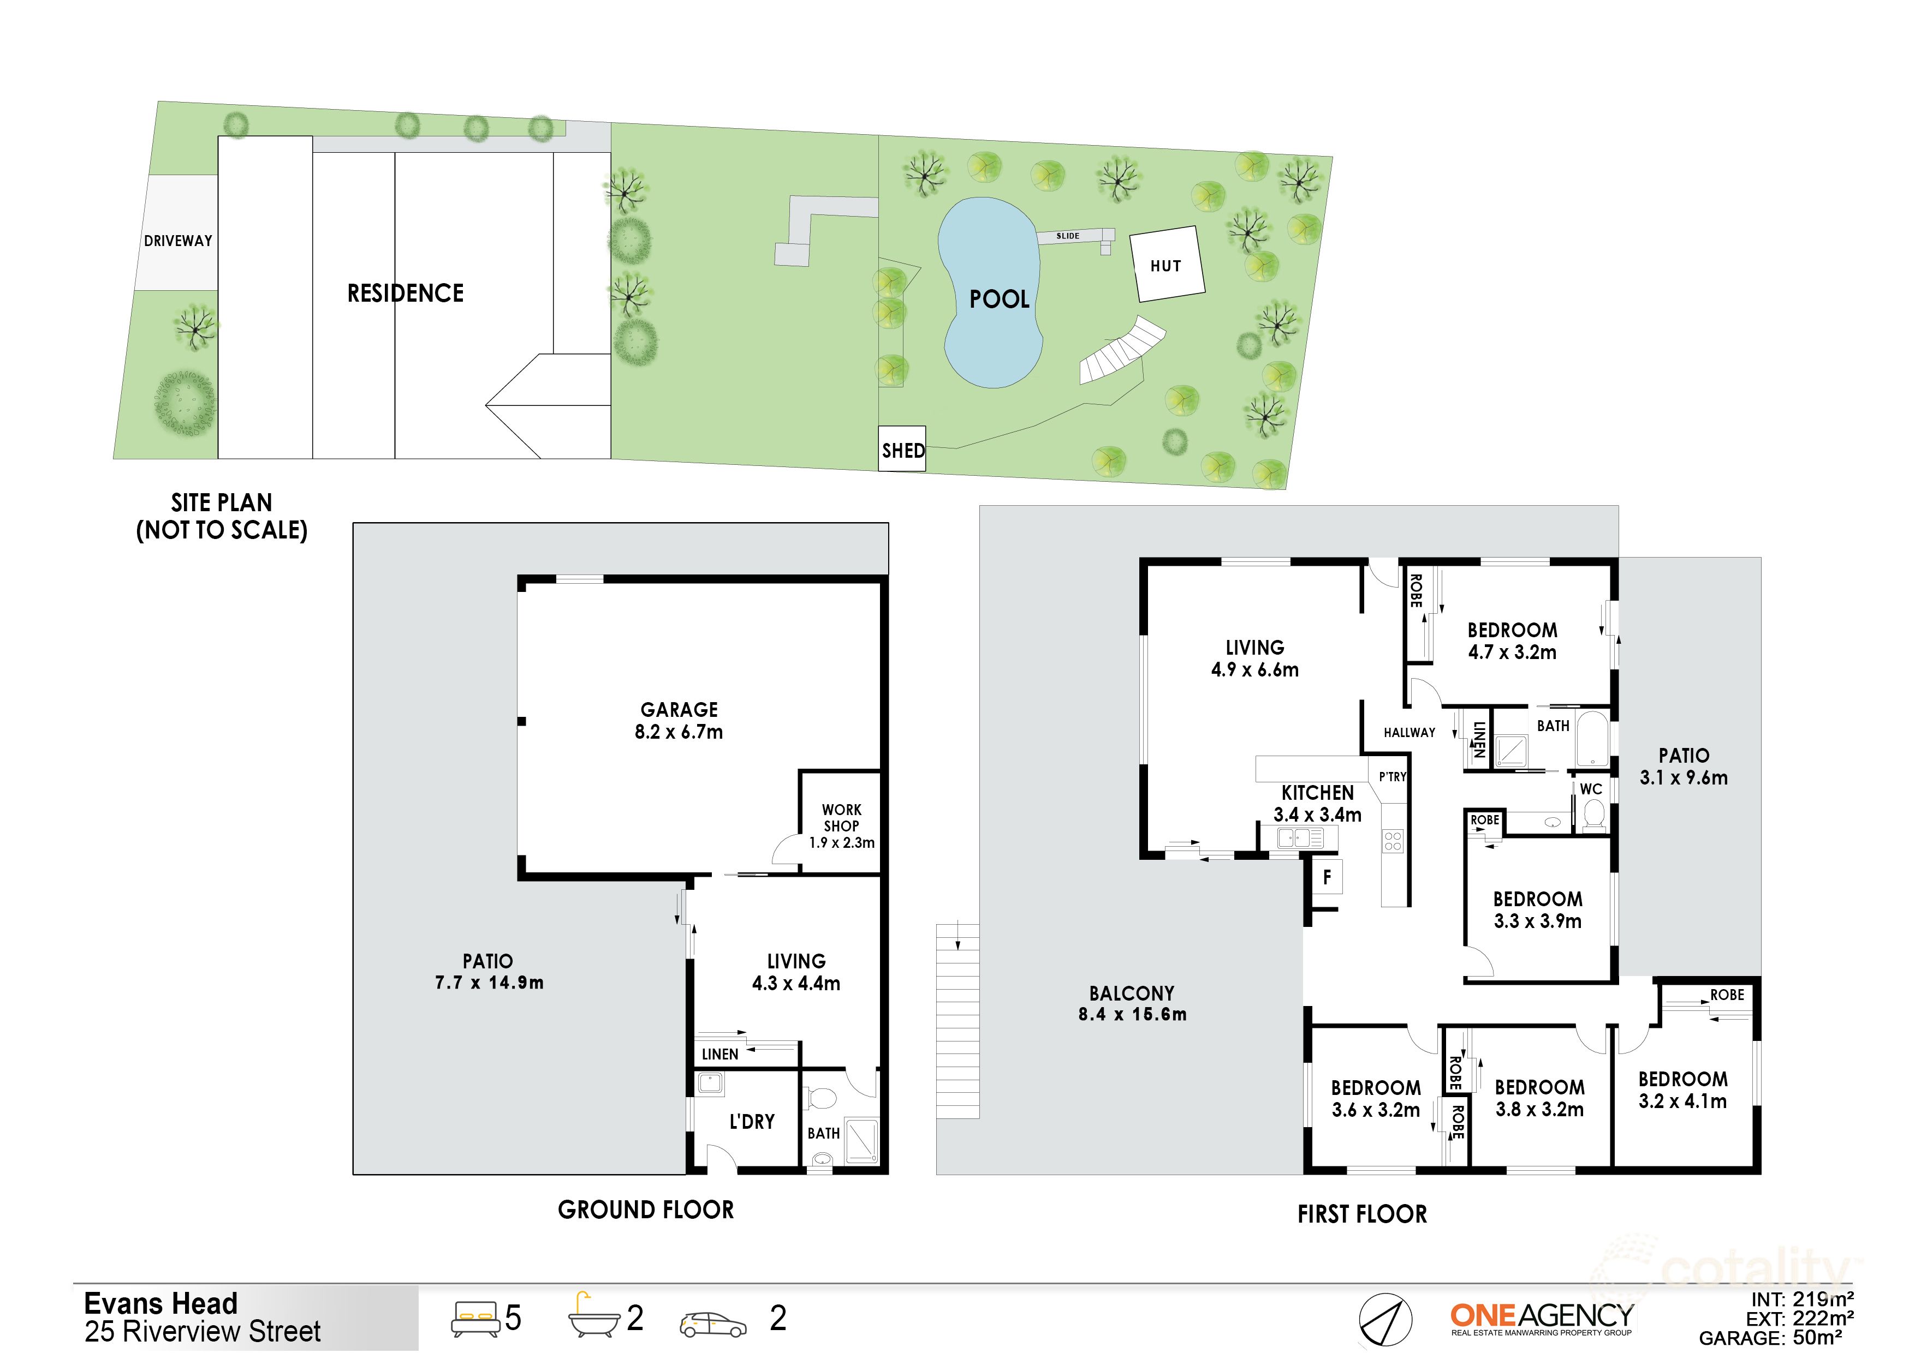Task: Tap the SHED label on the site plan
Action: click(902, 450)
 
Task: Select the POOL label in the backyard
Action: click(998, 300)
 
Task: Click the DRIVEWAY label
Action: click(177, 241)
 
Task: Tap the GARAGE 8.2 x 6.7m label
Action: click(678, 720)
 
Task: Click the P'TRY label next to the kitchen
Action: click(1392, 777)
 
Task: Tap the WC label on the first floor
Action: click(1591, 789)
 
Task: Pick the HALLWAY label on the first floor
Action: click(1410, 733)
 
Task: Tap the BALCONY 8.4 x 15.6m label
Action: click(1132, 1004)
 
